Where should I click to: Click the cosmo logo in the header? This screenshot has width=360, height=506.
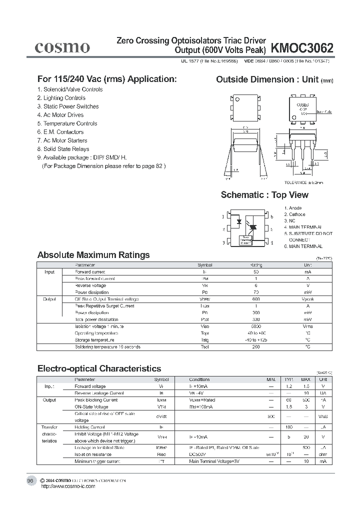62,47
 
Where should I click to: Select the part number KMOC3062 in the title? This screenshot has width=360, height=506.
302,48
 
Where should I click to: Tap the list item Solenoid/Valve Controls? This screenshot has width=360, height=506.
70,89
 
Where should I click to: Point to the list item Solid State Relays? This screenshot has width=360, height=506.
63,149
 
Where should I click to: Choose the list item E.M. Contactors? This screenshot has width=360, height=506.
60,132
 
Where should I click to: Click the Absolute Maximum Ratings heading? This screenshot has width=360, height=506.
93,255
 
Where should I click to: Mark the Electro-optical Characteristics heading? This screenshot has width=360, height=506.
99,368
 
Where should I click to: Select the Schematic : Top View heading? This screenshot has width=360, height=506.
264,195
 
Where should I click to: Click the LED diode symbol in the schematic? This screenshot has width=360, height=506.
239,221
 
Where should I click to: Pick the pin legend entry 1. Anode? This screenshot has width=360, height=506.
293,208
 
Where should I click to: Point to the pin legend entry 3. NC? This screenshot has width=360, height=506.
290,220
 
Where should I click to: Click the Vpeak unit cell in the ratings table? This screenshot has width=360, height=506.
307,299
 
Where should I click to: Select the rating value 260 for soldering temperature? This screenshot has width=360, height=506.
255,346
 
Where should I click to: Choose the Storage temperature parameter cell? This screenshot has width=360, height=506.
92,340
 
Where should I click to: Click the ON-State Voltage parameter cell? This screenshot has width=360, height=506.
92,407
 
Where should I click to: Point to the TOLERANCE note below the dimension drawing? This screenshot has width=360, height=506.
304,183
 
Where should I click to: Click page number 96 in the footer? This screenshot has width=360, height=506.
30,480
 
